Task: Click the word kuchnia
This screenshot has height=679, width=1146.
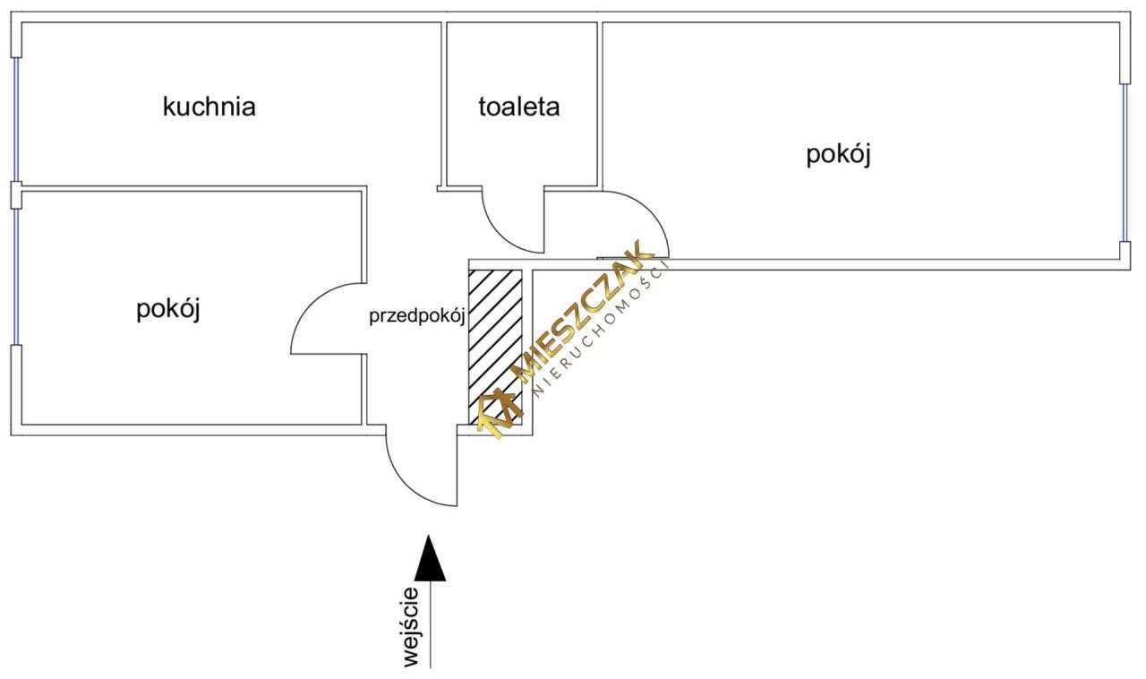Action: coord(210,107)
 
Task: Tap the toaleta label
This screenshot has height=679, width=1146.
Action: coord(519,107)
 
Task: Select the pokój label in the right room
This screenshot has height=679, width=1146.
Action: coord(839,154)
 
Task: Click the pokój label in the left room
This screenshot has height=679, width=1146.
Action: coord(167,310)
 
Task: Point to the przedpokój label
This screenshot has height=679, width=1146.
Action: coord(416,315)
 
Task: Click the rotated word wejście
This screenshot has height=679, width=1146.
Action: coord(411,627)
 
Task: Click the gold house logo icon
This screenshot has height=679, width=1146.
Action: coord(499,413)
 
